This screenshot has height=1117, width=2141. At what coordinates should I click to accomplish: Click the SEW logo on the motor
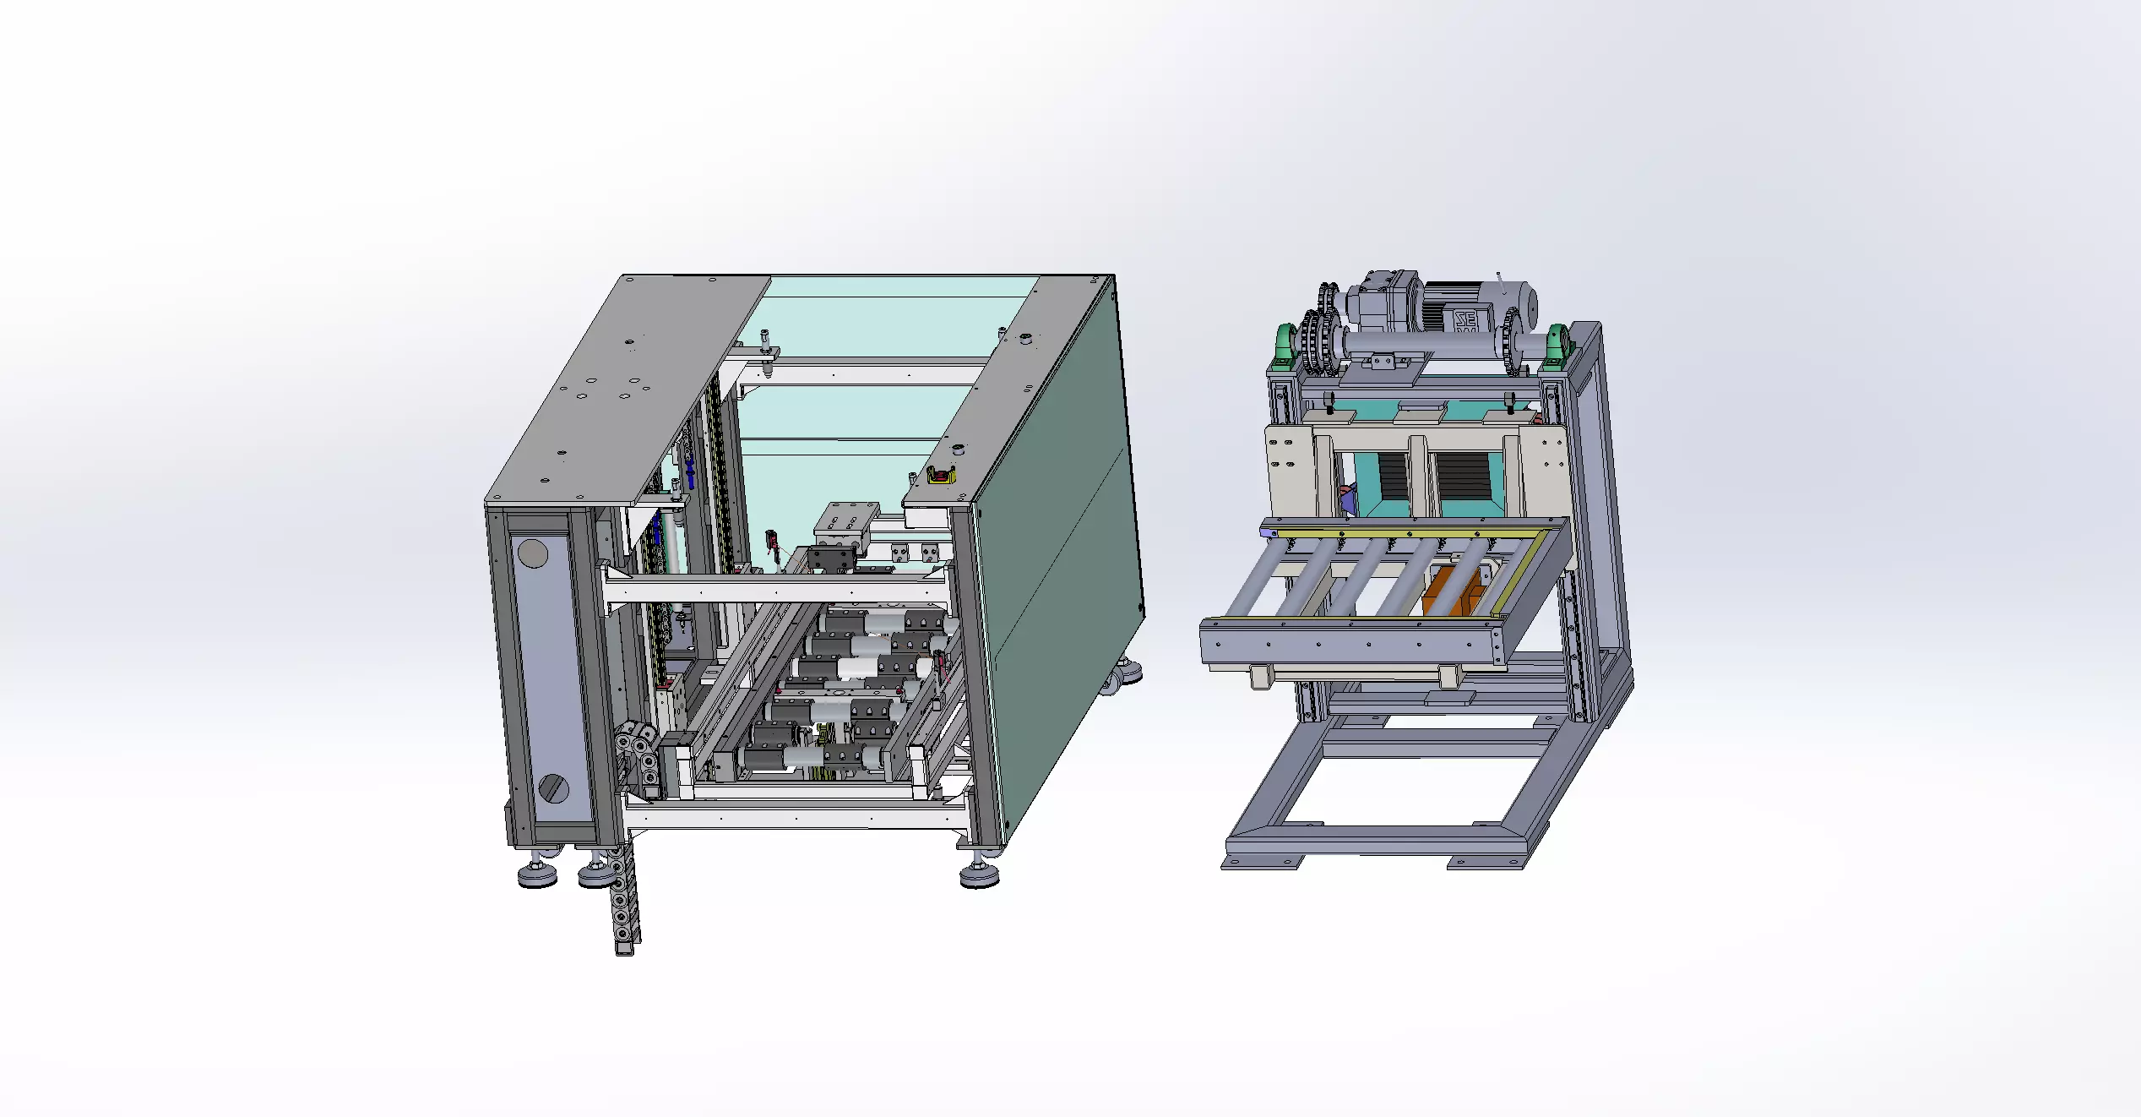pos(1464,322)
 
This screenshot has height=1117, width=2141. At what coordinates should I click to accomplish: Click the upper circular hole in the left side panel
pos(532,554)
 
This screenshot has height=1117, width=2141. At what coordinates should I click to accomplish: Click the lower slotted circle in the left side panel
pos(553,787)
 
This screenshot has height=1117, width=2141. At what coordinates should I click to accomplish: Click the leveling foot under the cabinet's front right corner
pos(979,875)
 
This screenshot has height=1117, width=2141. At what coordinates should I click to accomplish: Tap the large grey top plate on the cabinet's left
pos(625,389)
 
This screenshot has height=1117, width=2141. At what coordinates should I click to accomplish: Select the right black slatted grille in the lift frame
pos(1464,477)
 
